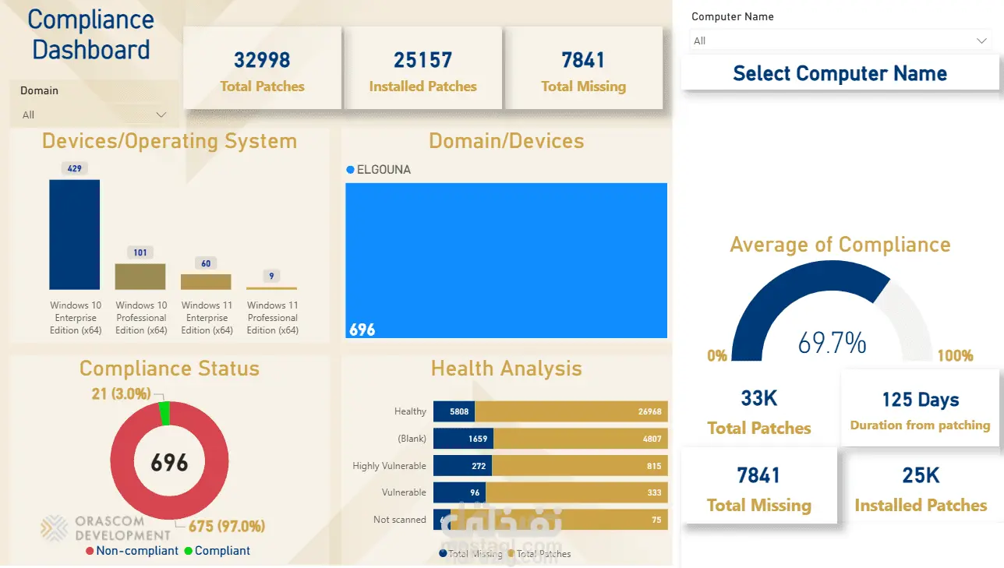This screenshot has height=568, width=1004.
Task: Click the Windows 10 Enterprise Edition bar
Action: pos(74,235)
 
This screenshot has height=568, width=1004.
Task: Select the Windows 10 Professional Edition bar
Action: pos(140,277)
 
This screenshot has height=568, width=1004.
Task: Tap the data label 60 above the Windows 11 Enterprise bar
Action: pos(206,263)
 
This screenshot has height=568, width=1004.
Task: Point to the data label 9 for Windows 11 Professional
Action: pos(271,276)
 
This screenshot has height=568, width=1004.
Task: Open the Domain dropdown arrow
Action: pos(161,115)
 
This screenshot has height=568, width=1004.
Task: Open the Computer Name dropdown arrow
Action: pos(981,41)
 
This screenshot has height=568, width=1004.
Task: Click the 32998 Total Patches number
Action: pos(262,60)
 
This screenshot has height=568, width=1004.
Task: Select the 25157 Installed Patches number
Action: pos(422,60)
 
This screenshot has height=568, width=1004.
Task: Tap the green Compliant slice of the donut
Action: pos(164,414)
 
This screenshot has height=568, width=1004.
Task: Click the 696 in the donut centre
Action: pos(169,463)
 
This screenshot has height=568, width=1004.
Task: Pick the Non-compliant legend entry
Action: pos(132,551)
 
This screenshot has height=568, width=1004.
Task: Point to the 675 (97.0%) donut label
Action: pos(227,526)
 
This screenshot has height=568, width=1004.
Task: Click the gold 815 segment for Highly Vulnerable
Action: pos(579,466)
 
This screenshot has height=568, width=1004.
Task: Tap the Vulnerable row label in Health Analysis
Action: pos(404,492)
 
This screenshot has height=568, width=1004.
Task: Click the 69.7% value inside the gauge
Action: pos(832,342)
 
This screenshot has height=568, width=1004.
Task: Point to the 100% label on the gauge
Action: pos(955,356)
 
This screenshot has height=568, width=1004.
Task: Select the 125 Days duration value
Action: pos(920,400)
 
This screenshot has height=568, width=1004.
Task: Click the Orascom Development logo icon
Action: pos(55,527)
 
